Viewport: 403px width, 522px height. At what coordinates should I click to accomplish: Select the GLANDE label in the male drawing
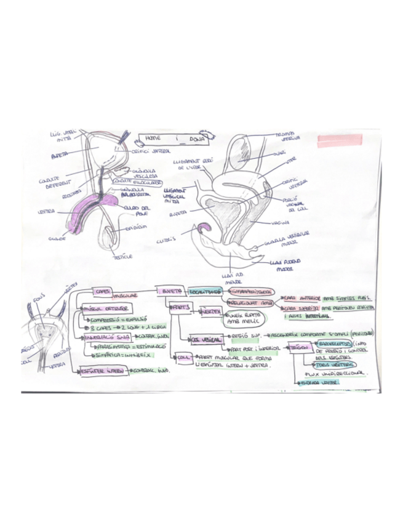pyautogui.click(x=56, y=238)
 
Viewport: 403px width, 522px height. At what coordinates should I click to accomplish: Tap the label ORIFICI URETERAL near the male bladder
pyautogui.click(x=151, y=150)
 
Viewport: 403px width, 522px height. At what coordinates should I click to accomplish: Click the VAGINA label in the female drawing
pyautogui.click(x=281, y=222)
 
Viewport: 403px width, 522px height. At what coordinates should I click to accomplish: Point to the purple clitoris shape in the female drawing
pyautogui.click(x=204, y=230)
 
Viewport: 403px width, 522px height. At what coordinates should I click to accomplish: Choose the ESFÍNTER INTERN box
pyautogui.click(x=103, y=370)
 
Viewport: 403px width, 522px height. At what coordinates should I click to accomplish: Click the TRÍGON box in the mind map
pyautogui.click(x=299, y=347)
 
